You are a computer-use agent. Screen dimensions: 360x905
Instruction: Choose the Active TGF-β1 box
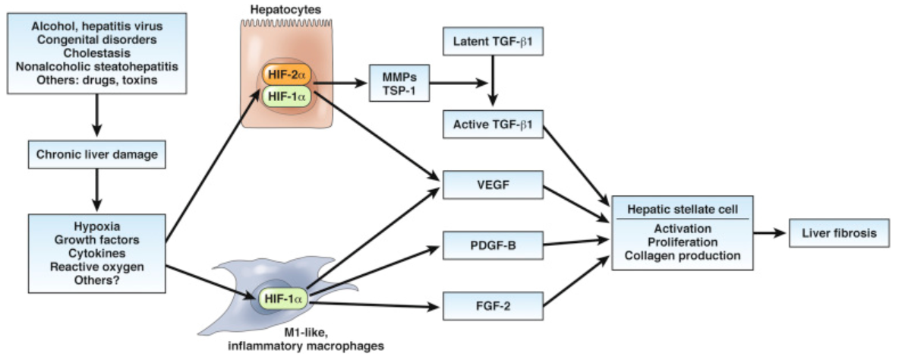coord(493,124)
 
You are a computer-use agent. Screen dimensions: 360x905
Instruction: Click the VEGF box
coord(493,186)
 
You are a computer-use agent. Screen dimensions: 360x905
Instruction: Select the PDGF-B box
coord(493,246)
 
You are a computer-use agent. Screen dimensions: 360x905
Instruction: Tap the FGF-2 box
coord(493,308)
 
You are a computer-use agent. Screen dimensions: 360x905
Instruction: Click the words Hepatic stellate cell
coord(683,208)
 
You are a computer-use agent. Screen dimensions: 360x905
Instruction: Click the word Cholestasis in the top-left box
coord(96,52)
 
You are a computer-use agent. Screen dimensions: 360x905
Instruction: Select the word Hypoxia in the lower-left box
coord(96,226)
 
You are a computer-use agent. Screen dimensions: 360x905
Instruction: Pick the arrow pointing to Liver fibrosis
coord(771,233)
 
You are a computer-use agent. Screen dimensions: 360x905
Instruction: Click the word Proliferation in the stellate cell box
coord(683,242)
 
